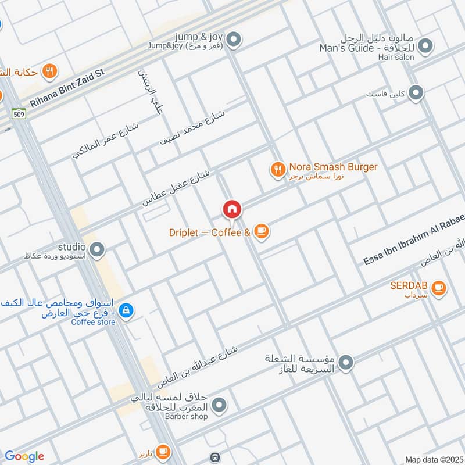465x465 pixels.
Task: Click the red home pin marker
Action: tap(231, 209)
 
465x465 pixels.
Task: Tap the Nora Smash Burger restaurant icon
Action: tap(277, 170)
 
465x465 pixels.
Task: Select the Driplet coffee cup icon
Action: tap(262, 233)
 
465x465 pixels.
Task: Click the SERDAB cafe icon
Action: tap(438, 287)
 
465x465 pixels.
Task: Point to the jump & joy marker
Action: tap(234, 40)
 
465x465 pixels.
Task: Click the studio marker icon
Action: tap(97, 251)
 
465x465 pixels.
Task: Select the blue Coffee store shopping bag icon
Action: tap(126, 312)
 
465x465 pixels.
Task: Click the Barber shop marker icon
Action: tap(219, 406)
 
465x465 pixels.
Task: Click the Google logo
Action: tap(24, 456)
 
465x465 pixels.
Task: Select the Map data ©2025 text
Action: tap(433, 459)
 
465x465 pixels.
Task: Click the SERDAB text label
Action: tap(410, 285)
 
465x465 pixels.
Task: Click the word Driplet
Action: tap(183, 233)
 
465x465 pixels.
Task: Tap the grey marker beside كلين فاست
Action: tap(416, 92)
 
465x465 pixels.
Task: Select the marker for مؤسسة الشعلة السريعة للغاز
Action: tap(346, 363)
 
